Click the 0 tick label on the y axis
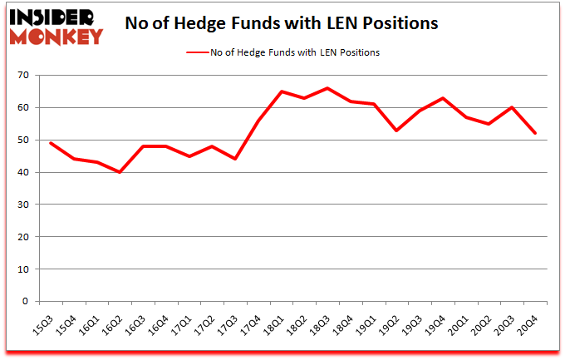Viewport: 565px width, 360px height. [x=26, y=302]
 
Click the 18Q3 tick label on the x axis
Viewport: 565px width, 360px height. [x=318, y=320]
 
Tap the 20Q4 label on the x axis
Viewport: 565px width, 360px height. [x=526, y=320]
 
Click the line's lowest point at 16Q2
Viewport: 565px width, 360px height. [x=121, y=172]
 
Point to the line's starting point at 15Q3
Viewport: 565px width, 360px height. [x=52, y=143]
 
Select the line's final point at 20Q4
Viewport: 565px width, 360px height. [x=537, y=133]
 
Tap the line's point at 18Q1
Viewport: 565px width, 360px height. [x=282, y=91]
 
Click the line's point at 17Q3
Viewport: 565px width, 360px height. [x=237, y=159]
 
